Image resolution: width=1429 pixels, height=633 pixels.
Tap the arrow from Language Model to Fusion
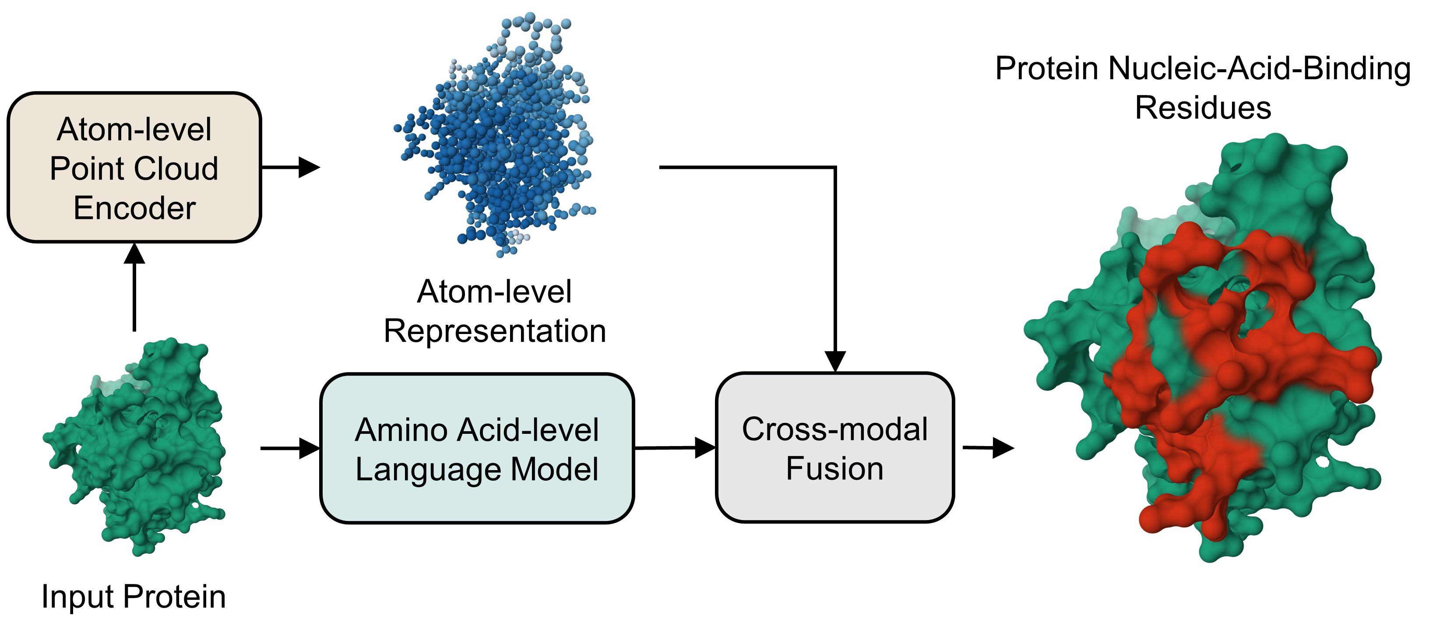(x=674, y=448)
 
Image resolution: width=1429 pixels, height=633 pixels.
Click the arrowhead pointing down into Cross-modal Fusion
(x=835, y=361)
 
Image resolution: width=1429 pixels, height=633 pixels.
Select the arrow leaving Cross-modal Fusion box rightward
(x=987, y=448)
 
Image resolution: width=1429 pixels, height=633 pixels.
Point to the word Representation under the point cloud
(x=495, y=331)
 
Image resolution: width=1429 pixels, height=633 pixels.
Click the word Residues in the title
(x=1203, y=108)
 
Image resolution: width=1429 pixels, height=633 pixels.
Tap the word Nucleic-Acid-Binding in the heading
(x=1259, y=69)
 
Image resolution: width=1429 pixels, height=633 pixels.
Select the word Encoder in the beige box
(x=134, y=208)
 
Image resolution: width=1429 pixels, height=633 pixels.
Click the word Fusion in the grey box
(x=834, y=468)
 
